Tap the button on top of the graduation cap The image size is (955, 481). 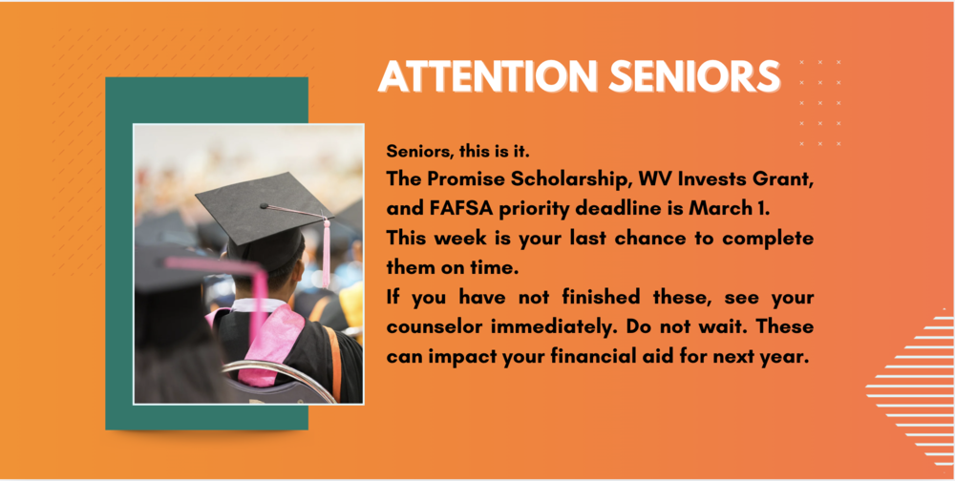pyautogui.click(x=264, y=205)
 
